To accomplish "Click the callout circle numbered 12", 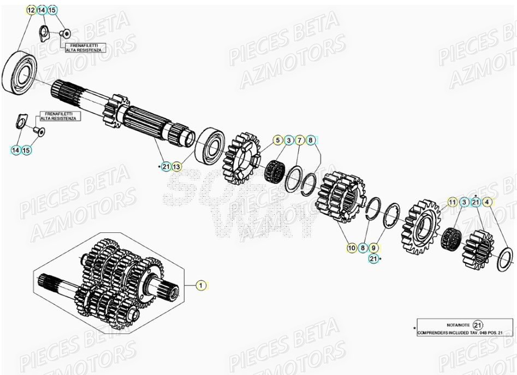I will pos(31,10).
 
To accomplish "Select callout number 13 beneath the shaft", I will pos(177,166).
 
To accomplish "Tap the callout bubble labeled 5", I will pos(277,140).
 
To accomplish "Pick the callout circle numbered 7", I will pos(299,140).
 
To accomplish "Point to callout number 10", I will pos(352,248).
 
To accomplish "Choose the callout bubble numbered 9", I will pos(373,248).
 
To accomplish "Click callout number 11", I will pos(452,202).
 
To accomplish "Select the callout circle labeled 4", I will pos(488,202).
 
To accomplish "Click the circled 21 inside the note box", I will pos(478,325).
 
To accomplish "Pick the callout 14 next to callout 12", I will pos(41,10).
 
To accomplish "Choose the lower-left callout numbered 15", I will pos(26,149).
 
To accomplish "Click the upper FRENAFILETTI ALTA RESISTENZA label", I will pos(84,48).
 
